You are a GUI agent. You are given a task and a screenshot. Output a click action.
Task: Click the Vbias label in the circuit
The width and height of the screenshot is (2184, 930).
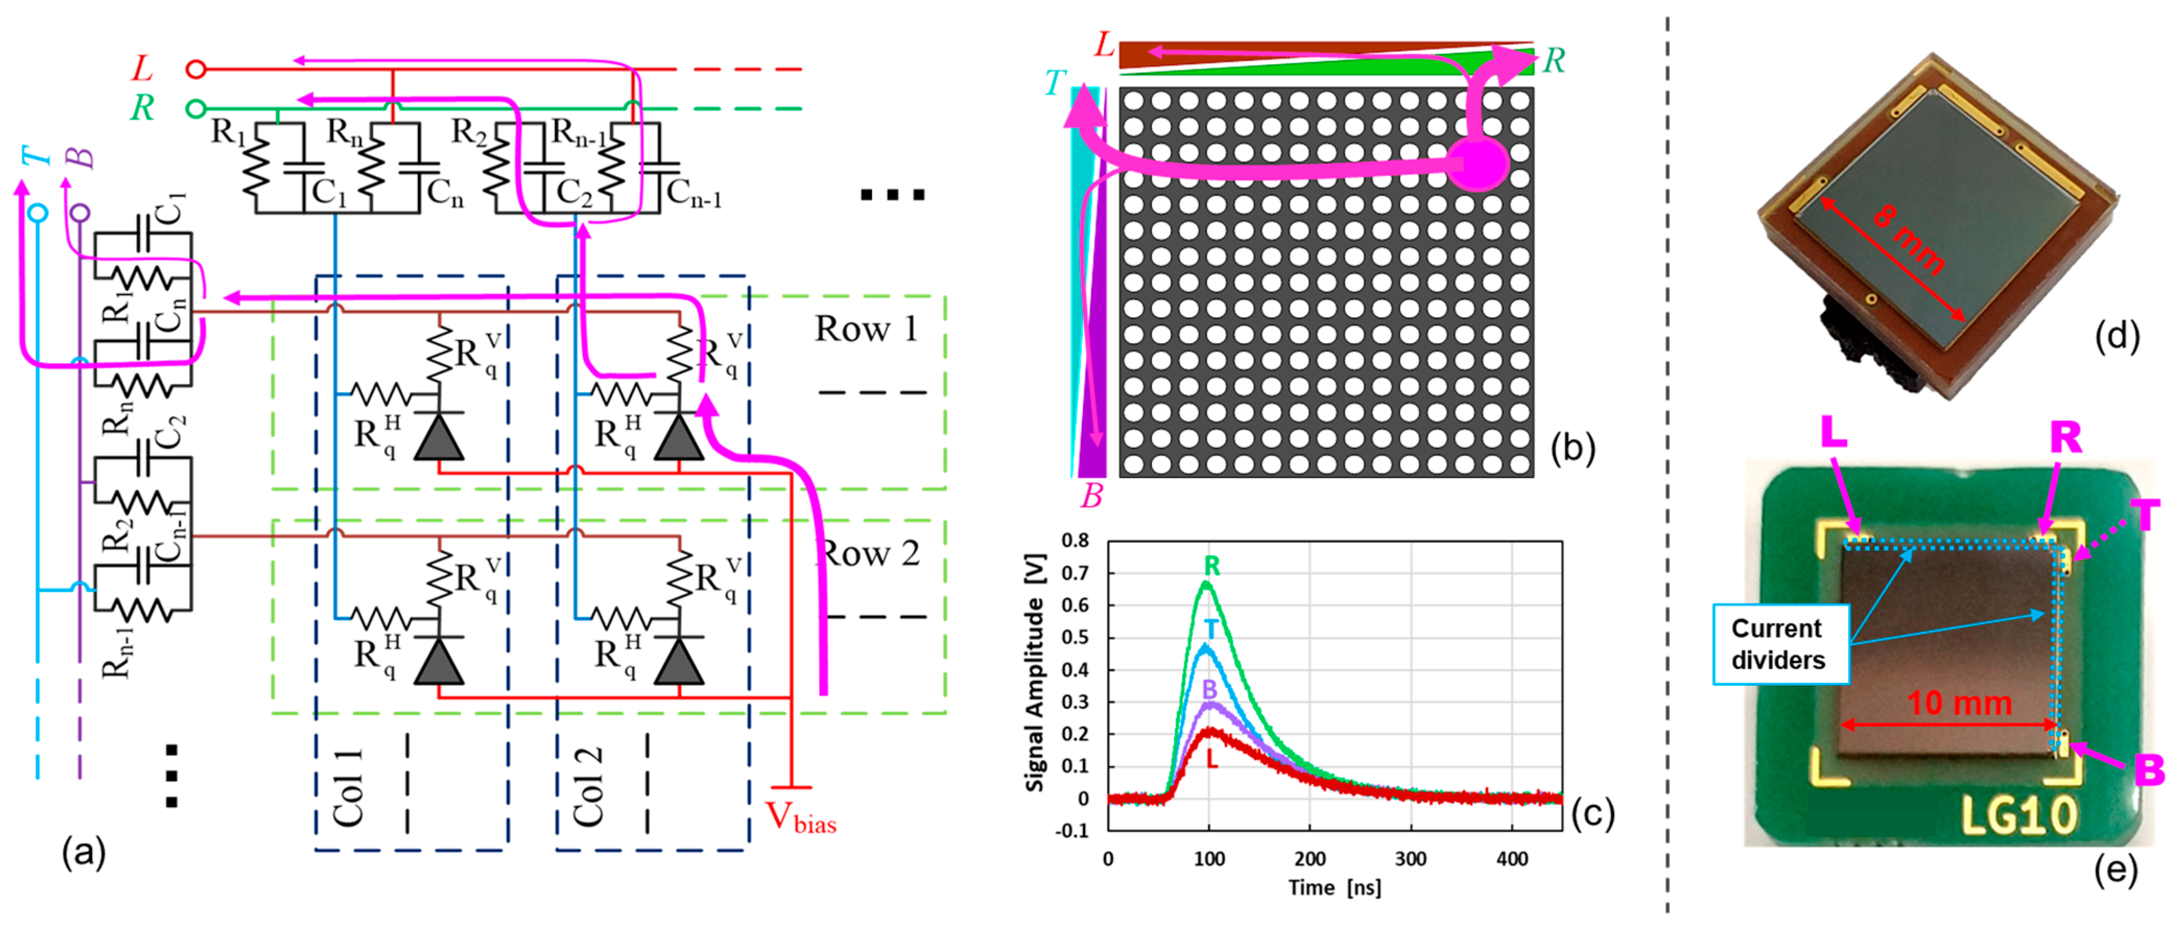[x=801, y=817]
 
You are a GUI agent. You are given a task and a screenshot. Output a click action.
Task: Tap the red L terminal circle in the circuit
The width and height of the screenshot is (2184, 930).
[x=196, y=69]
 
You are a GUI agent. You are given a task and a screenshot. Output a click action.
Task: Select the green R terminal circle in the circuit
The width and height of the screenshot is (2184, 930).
[x=196, y=108]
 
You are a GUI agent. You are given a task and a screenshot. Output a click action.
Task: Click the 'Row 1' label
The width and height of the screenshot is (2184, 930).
[x=866, y=329]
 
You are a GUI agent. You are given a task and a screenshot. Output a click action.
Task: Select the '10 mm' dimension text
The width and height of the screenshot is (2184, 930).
[x=1959, y=703]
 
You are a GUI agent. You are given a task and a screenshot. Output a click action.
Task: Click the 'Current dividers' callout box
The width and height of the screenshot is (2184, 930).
[x=1780, y=644]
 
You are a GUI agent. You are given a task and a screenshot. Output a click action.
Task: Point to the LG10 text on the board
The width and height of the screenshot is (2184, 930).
[x=2019, y=816]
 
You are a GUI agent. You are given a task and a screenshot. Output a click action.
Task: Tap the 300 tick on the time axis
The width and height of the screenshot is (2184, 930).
[x=1410, y=859]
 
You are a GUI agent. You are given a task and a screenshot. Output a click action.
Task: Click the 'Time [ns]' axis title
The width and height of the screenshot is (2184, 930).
[x=1334, y=888]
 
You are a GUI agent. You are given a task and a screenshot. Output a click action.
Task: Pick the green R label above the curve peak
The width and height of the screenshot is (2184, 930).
[x=1212, y=565]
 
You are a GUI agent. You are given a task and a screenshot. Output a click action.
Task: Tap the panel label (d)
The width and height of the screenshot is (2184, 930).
[x=2117, y=336]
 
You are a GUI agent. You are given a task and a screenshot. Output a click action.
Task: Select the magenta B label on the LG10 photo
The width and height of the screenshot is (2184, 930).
[x=2147, y=770]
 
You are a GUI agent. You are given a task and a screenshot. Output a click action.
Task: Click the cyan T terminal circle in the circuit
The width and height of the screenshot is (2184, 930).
[x=37, y=212]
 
